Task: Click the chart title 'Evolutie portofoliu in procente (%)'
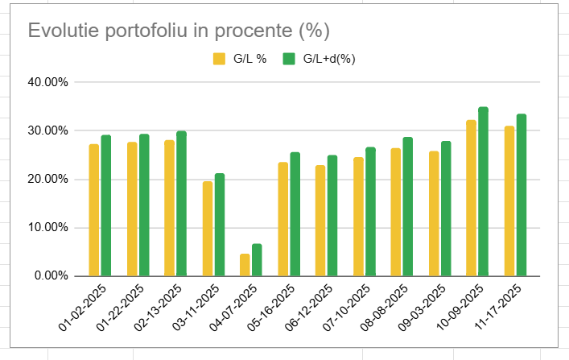click(179, 31)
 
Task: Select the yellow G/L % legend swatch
click(219, 58)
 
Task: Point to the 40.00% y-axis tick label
click(48, 82)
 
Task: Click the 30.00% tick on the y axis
click(48, 130)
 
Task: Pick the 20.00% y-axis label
click(48, 179)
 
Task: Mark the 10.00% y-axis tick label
click(48, 227)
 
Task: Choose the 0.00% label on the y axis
click(52, 275)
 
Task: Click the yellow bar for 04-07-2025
click(245, 265)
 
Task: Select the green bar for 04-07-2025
click(257, 260)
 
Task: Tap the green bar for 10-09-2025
click(483, 192)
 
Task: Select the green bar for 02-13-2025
click(181, 204)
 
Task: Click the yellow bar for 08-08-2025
click(396, 212)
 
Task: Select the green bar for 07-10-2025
click(370, 212)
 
